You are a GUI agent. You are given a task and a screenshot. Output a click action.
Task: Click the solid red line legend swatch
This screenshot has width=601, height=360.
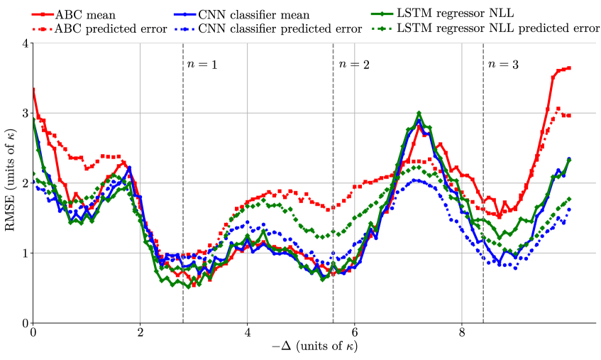click(x=43, y=14)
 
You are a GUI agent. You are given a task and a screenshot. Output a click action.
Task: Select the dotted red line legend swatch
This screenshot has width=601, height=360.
click(x=43, y=29)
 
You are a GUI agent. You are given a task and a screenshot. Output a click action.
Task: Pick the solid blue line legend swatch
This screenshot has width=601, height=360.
click(x=184, y=14)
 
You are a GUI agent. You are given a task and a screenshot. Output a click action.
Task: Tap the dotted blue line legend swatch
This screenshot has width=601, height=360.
click(x=184, y=29)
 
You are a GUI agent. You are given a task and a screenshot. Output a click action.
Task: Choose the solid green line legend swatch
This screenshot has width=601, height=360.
click(x=382, y=14)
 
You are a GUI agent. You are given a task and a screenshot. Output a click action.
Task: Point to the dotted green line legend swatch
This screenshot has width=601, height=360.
click(x=382, y=29)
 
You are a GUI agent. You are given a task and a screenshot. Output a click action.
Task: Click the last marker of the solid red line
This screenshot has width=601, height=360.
click(x=569, y=68)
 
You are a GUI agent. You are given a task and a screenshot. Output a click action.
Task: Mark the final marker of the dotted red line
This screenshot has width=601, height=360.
click(x=569, y=115)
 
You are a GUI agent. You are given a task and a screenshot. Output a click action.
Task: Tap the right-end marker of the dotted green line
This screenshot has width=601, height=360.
click(x=569, y=199)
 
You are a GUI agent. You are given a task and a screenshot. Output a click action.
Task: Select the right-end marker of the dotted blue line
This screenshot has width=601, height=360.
click(x=569, y=209)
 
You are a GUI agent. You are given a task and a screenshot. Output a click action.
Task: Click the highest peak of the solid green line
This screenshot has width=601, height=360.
click(x=419, y=113)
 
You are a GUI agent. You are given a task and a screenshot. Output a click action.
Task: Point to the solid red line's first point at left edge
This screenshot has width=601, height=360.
click(x=33, y=89)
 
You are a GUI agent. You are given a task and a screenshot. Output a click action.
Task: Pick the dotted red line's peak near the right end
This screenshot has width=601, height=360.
click(x=558, y=109)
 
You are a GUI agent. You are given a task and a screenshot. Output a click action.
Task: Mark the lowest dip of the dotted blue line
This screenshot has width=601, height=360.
click(x=515, y=268)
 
